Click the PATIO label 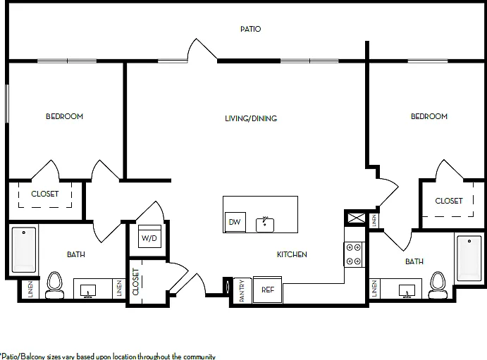(x=250, y=29)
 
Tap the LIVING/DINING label (x=251, y=118)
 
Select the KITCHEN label (x=292, y=254)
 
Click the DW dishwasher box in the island (x=235, y=222)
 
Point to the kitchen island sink (x=265, y=225)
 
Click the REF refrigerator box (x=267, y=290)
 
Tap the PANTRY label (x=242, y=291)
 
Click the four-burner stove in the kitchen (x=354, y=254)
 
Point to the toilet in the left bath (x=55, y=285)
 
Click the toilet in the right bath (x=438, y=285)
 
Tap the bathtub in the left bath (x=24, y=250)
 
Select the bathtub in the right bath (x=469, y=259)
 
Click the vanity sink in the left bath (x=88, y=291)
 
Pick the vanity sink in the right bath (x=407, y=291)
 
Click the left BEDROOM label (x=65, y=116)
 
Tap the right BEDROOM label (x=429, y=116)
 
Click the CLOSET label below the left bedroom (x=45, y=194)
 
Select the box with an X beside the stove (x=356, y=218)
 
